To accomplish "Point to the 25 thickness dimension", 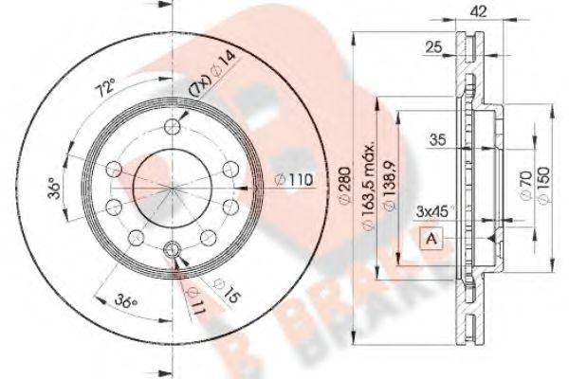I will tap(435, 46).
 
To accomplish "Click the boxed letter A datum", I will tap(431, 238).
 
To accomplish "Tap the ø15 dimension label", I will tap(222, 288).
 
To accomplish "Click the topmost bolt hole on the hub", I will tap(172, 128).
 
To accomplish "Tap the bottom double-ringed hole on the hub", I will tap(172, 249).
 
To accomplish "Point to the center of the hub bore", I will tap(172, 189).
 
